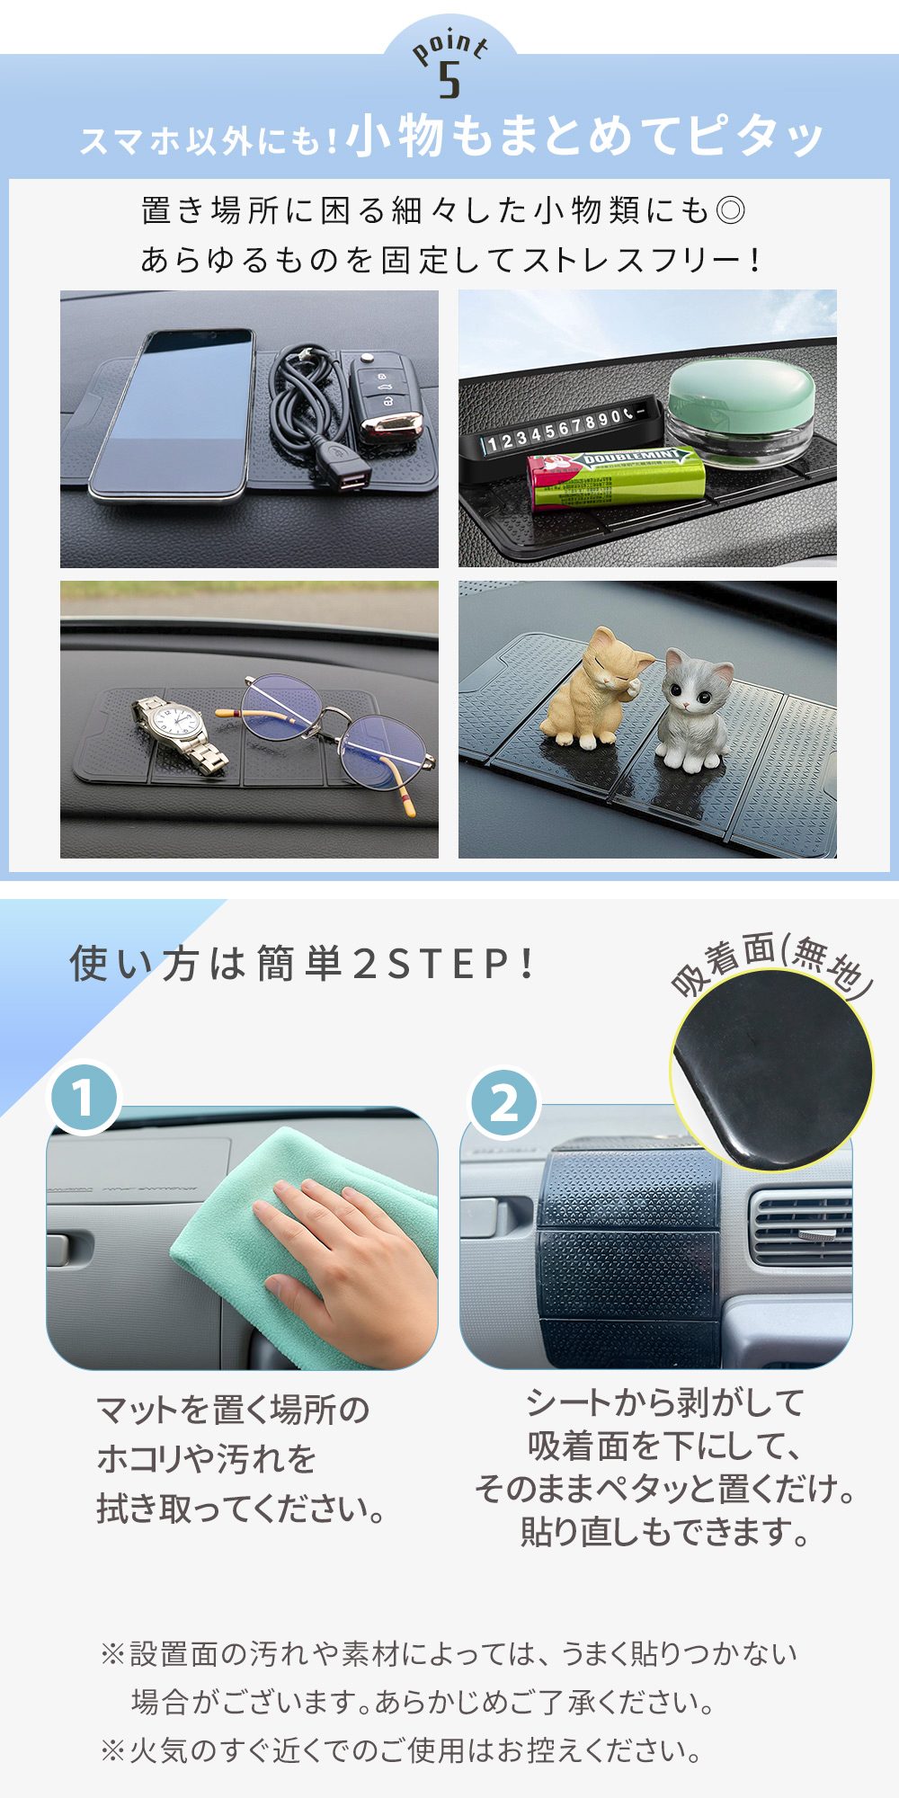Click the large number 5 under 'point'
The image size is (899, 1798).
pos(449,79)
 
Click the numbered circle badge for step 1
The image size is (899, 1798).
pos(84,1098)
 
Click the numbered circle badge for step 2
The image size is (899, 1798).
pos(504,1102)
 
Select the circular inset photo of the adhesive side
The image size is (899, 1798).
pos(771,1070)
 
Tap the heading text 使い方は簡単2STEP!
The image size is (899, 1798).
pos(303,964)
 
